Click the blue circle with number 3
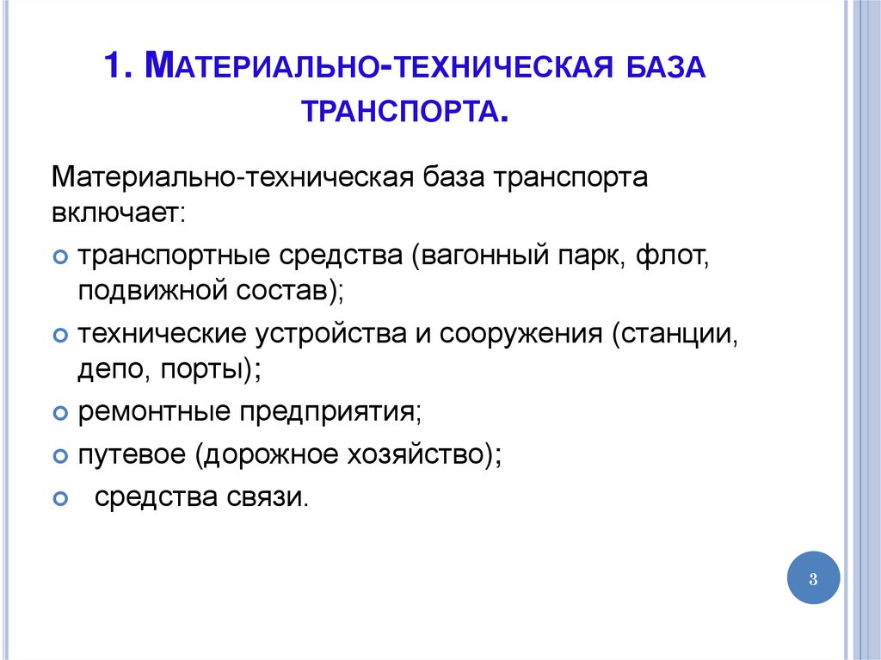click(x=812, y=578)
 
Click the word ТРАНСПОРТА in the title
click(x=398, y=111)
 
